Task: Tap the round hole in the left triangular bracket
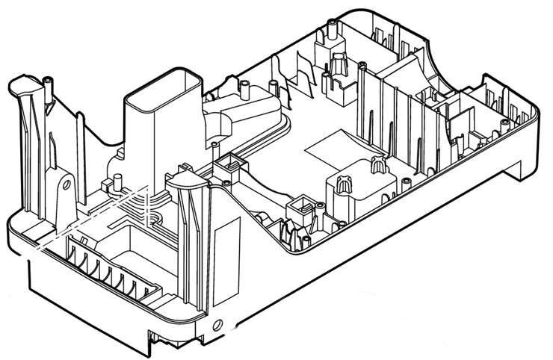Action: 66,181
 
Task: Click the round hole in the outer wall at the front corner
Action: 217,324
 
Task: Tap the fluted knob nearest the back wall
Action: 339,63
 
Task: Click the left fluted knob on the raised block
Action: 343,184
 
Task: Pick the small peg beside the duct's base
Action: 118,180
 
